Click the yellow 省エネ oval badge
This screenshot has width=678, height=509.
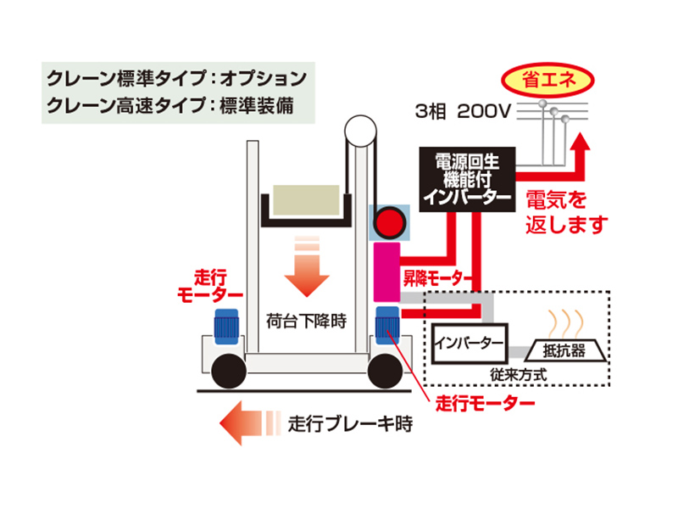click(x=547, y=83)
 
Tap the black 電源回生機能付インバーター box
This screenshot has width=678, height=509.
click(x=466, y=178)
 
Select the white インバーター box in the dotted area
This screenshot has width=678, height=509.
click(x=470, y=344)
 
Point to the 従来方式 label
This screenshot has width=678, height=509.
click(x=518, y=372)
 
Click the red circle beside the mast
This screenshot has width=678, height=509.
click(x=391, y=222)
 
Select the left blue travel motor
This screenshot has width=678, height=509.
click(x=226, y=326)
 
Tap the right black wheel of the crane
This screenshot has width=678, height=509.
click(x=387, y=369)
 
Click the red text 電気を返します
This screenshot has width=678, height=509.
click(x=567, y=212)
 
